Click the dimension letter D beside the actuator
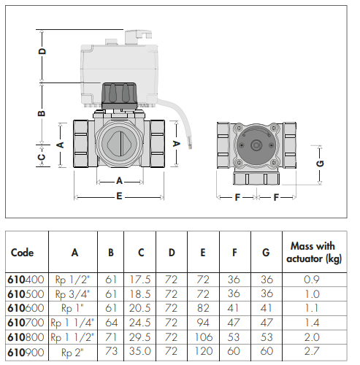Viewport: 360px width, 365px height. pos(43,51)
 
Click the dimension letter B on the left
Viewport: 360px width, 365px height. pos(42,113)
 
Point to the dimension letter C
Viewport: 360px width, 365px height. pos(42,157)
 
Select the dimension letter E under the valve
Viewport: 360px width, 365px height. pos(119,196)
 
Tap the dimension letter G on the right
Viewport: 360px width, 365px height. pos(321,163)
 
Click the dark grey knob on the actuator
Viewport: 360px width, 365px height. pos(119,96)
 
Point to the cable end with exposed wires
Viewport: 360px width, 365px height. pos(190,144)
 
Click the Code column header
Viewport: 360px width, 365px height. pos(22,253)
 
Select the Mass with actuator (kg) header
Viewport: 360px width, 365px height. pos(314,253)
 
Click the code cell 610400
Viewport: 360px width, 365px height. pos(26,280)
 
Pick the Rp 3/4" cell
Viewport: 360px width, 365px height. pos(72,294)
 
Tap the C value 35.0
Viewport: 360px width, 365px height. pos(139,351)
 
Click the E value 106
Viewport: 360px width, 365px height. pos(204,337)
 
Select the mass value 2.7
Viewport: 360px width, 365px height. pos(312,351)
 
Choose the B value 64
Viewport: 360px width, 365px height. pos(111,323)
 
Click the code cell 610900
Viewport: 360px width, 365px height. pos(26,352)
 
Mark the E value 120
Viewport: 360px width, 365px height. pos(204,351)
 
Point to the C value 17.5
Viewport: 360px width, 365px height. pos(139,280)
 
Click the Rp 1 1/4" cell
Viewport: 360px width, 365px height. pos(72,323)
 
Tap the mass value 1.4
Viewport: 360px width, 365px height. pos(312,323)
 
